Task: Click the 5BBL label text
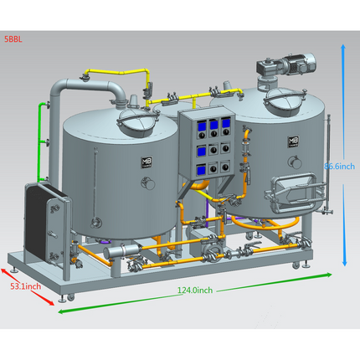[13, 39]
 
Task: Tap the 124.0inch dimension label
[195, 291]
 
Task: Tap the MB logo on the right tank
[294, 143]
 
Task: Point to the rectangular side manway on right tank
[290, 190]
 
